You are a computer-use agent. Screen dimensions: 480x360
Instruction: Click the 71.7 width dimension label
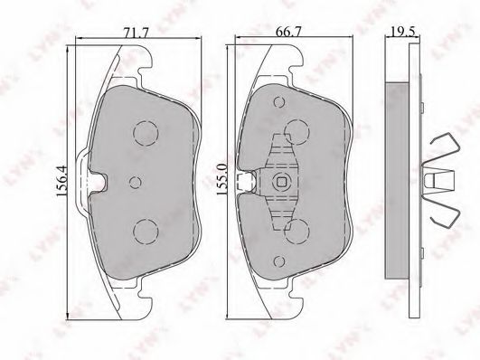tap(136, 33)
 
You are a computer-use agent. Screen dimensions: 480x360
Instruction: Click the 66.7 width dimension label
tap(288, 32)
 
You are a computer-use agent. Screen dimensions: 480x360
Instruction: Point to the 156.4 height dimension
tap(61, 182)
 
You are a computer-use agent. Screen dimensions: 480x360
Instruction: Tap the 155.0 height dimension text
tap(221, 179)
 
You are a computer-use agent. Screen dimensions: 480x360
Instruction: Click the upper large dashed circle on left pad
tap(146, 133)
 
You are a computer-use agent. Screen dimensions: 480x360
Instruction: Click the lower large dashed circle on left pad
tap(146, 232)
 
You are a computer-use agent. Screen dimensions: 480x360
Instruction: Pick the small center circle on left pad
tap(135, 183)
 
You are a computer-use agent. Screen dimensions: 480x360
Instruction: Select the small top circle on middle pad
tap(279, 102)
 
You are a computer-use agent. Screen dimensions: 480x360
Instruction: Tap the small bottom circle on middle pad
tap(279, 261)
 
